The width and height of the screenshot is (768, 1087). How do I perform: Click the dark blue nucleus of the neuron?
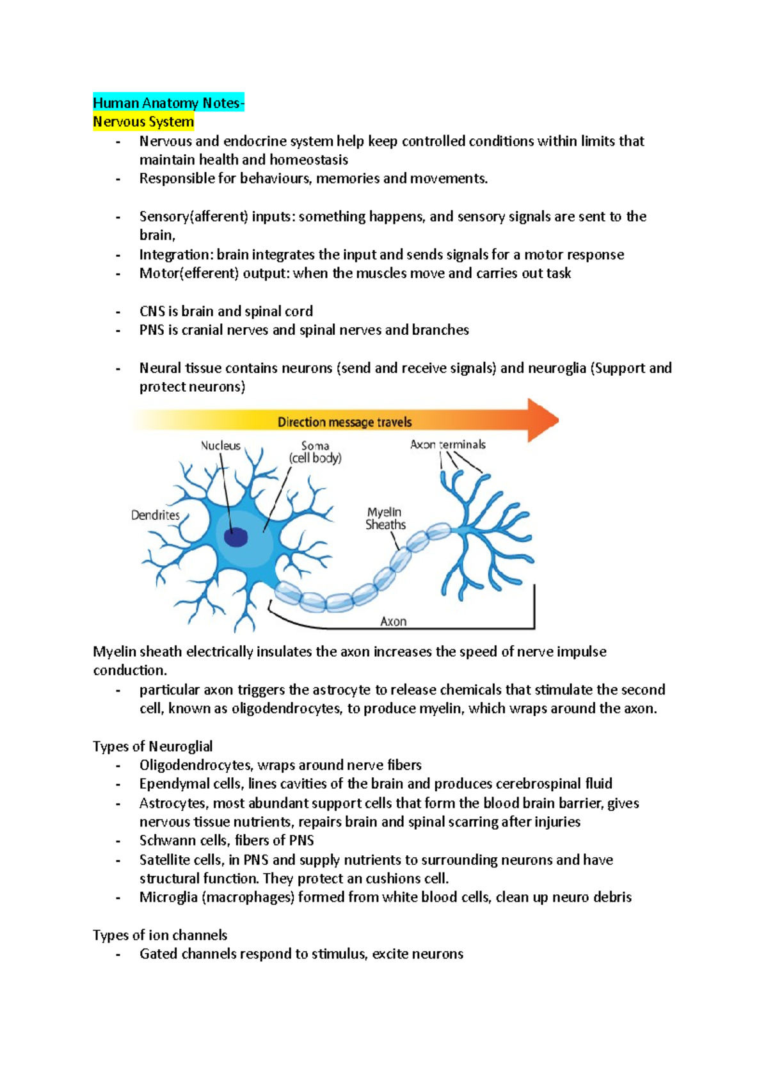pyautogui.click(x=236, y=536)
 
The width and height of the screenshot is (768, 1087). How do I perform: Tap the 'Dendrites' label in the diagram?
pyautogui.click(x=155, y=515)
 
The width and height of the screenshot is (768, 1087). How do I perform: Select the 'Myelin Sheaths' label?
pyautogui.click(x=385, y=519)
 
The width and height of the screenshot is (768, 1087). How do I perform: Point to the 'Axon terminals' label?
pyautogui.click(x=447, y=444)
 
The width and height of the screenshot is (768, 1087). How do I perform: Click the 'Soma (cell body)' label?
pyautogui.click(x=315, y=452)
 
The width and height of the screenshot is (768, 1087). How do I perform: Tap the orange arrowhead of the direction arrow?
pyautogui.click(x=542, y=421)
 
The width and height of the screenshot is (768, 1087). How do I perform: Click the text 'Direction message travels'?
pyautogui.click(x=344, y=423)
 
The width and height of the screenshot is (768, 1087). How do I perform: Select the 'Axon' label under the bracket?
pyautogui.click(x=393, y=622)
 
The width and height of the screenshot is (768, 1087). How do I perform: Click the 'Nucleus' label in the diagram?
pyautogui.click(x=221, y=446)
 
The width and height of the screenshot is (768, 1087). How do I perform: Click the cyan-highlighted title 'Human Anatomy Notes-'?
pyautogui.click(x=168, y=103)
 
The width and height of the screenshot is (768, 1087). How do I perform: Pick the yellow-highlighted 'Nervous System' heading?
pyautogui.click(x=143, y=122)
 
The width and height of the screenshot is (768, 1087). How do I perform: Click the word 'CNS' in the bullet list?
pyautogui.click(x=152, y=312)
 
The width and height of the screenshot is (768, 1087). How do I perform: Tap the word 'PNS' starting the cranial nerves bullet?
pyautogui.click(x=152, y=330)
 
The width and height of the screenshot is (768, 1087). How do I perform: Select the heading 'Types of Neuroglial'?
pyautogui.click(x=152, y=746)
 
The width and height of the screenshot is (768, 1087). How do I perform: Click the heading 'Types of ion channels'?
pyautogui.click(x=160, y=935)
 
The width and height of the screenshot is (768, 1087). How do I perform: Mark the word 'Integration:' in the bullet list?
pyautogui.click(x=176, y=255)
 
